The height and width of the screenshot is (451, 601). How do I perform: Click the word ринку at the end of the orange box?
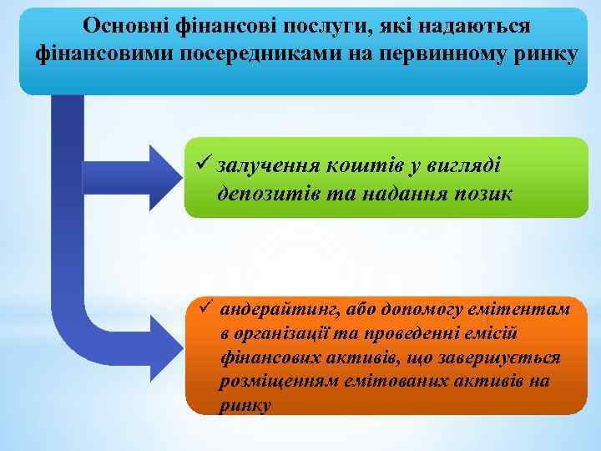245,406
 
